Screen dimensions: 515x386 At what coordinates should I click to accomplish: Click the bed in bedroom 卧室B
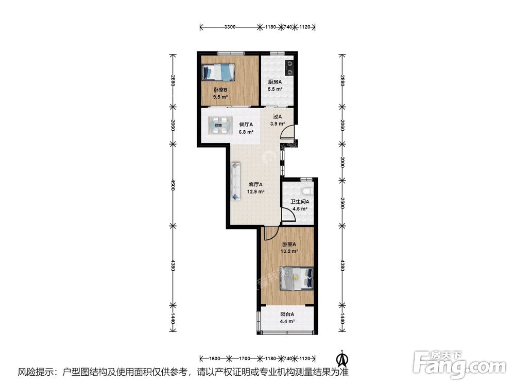coord(218,72)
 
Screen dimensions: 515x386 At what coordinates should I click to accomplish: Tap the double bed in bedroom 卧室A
coord(297,278)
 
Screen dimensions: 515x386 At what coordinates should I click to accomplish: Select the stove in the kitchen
coord(289,67)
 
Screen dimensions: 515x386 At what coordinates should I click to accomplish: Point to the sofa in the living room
coord(236,181)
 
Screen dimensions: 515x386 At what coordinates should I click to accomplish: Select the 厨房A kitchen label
coord(275,82)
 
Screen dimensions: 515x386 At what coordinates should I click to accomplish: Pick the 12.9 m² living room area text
coord(256,191)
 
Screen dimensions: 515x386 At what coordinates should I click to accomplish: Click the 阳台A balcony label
coord(287,314)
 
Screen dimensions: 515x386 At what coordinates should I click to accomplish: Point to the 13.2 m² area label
coord(289,252)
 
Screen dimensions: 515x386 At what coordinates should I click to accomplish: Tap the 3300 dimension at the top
coord(230,27)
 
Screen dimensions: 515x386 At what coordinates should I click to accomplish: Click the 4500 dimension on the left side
coord(173,185)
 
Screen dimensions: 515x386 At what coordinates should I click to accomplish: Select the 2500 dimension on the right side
coord(342,203)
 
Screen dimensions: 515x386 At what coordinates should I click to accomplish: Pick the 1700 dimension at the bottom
coord(245,358)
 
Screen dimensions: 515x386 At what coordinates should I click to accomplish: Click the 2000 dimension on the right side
coord(342,163)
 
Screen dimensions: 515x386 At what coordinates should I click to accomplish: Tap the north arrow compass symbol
coord(343,358)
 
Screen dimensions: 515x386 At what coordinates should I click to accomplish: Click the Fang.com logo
coord(459,364)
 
